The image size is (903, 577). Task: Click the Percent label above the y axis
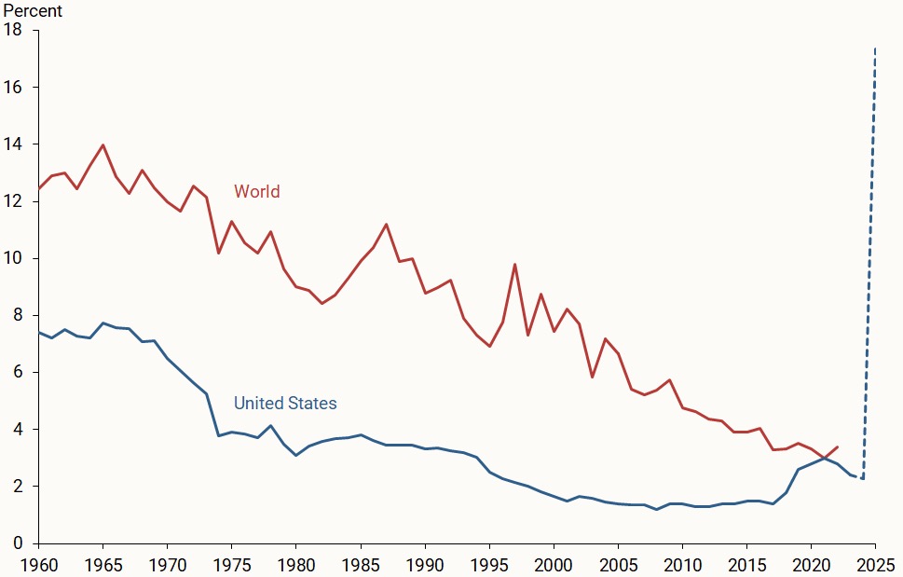point(32,11)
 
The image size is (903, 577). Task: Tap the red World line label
point(256,192)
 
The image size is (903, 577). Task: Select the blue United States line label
point(285,404)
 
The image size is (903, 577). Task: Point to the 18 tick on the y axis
point(13,31)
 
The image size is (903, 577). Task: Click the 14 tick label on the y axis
point(13,144)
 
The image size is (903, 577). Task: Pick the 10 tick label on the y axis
point(13,258)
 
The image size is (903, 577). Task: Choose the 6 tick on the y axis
point(17,373)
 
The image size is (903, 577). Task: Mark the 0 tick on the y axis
point(17,543)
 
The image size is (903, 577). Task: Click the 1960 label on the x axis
point(38,564)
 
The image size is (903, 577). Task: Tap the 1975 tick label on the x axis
point(231,564)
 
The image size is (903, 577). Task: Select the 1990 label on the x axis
point(425,564)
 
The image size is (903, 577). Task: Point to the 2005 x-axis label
point(618,564)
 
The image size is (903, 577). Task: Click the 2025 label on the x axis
point(875,564)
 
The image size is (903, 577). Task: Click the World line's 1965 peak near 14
point(103,144)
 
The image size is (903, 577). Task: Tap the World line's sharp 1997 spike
point(514,264)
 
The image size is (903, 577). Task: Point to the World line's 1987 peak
point(386,224)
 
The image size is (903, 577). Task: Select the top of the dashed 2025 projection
point(875,48)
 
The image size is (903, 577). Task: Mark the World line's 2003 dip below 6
point(592,378)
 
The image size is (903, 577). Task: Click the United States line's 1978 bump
point(270,426)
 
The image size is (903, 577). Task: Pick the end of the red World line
point(837,446)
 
